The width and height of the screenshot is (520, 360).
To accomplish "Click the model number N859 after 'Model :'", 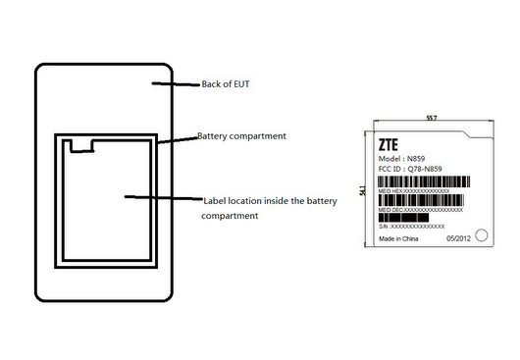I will (x=417, y=157).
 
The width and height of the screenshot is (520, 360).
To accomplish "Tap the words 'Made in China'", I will (x=398, y=237).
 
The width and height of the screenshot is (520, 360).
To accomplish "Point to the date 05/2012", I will (x=459, y=237).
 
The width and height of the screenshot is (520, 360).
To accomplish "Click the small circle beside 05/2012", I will (x=476, y=236).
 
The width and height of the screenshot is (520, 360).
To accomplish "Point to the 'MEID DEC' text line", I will (x=421, y=210).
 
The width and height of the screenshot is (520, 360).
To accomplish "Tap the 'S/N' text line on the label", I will (x=405, y=226).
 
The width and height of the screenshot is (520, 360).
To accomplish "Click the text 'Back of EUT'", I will (x=225, y=84).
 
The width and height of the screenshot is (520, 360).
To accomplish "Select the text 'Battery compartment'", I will (x=241, y=135).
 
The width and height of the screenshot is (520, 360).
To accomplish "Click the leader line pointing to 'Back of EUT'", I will (x=176, y=85).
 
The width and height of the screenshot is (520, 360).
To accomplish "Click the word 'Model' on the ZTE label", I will (x=390, y=157).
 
